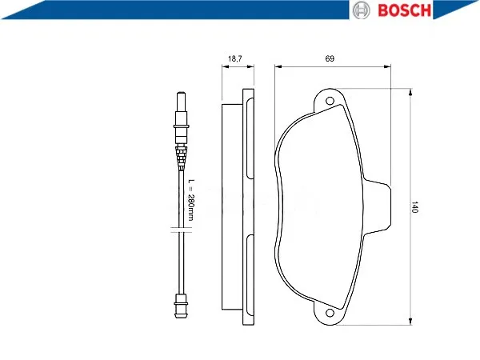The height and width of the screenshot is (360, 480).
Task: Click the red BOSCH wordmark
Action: (404, 10)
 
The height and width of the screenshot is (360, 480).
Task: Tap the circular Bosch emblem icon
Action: (362, 10)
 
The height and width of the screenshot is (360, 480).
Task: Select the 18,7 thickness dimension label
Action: (235, 58)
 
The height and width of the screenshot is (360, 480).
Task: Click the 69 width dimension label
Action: (330, 58)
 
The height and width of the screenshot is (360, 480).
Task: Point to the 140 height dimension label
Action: (414, 207)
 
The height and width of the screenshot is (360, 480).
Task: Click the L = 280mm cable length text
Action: (190, 199)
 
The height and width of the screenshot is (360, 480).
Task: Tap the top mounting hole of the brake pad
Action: (330, 101)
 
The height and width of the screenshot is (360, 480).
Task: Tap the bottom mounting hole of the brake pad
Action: (330, 313)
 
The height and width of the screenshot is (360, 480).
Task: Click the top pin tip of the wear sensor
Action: (181, 93)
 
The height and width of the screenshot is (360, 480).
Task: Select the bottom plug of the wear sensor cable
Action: (181, 306)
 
